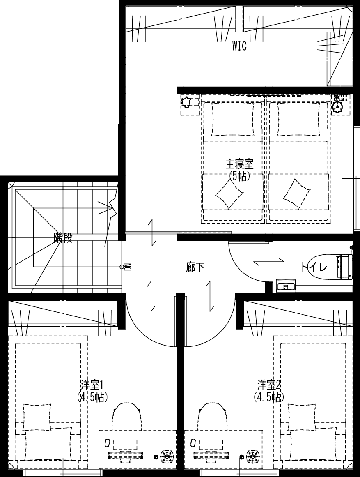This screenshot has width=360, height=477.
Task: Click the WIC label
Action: (x=239, y=46)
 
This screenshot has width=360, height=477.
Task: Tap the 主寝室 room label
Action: (x=239, y=164)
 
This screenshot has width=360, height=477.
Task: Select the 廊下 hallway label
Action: (x=195, y=268)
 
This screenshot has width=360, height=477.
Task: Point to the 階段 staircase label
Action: (x=63, y=238)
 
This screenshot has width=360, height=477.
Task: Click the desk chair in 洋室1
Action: (x=126, y=416)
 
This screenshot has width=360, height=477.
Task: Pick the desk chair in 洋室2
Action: (x=212, y=416)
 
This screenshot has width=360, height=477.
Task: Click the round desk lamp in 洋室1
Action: (x=167, y=456)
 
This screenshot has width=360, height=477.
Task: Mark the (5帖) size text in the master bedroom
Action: (x=240, y=176)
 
